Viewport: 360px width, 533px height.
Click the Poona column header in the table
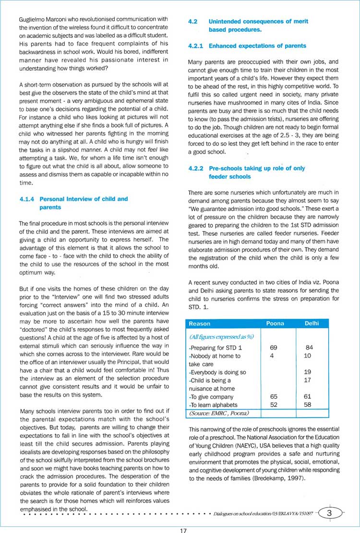coord(275,324)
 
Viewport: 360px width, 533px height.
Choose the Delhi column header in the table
coord(312,324)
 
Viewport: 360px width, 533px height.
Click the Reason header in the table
coord(200,324)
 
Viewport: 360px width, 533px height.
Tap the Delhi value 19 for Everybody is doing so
coord(308,372)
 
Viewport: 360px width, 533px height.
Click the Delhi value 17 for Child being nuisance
coord(308,380)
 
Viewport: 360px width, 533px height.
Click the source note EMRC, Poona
coord(218,412)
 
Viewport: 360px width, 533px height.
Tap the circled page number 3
coord(329,513)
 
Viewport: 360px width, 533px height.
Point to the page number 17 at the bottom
coord(183,530)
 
